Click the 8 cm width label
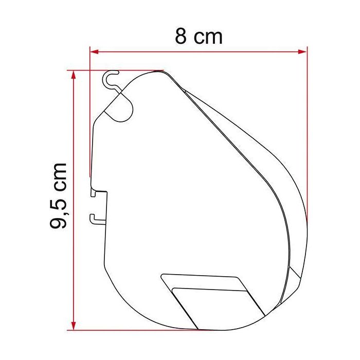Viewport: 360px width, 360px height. pos(199,37)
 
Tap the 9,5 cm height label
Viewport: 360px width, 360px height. pos(60,195)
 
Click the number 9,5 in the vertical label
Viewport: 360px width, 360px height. pos(60,212)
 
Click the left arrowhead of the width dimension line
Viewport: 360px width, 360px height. pos(94,51)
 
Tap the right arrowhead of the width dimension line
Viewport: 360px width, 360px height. pos(303,51)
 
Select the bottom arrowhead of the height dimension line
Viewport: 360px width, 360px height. pos(75,326)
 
